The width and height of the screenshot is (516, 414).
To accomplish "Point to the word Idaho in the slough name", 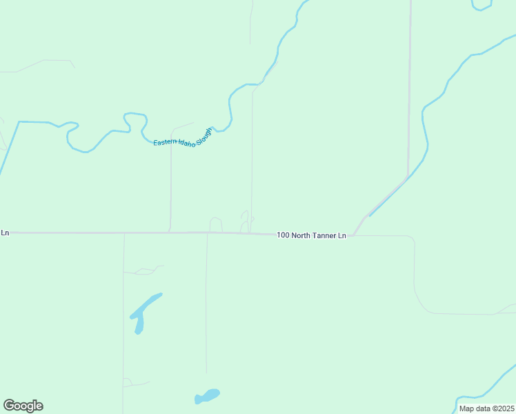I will pyautogui.click(x=185, y=141).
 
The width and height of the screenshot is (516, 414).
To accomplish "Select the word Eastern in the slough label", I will pyautogui.click(x=166, y=142).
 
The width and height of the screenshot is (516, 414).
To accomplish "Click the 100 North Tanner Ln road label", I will pyautogui.click(x=311, y=235).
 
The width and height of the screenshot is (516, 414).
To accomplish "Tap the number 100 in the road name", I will pyautogui.click(x=283, y=235).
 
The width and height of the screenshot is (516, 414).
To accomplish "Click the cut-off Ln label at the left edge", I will pyautogui.click(x=5, y=233).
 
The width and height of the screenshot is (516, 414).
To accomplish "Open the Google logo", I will pyautogui.click(x=23, y=406).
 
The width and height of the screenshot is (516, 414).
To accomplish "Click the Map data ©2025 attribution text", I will pyautogui.click(x=486, y=408).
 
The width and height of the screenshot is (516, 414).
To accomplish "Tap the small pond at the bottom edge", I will pyautogui.click(x=207, y=396).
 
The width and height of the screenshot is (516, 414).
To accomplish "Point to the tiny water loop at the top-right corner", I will pyautogui.click(x=482, y=6).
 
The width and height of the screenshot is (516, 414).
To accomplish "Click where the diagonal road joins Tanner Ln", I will pyautogui.click(x=354, y=235).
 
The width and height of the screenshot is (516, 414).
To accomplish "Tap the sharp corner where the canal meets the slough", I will pyautogui.click(x=19, y=122).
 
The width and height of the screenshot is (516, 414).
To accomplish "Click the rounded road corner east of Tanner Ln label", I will pyautogui.click(x=412, y=239).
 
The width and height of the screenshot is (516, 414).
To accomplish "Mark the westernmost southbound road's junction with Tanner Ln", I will pyautogui.click(x=124, y=233).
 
